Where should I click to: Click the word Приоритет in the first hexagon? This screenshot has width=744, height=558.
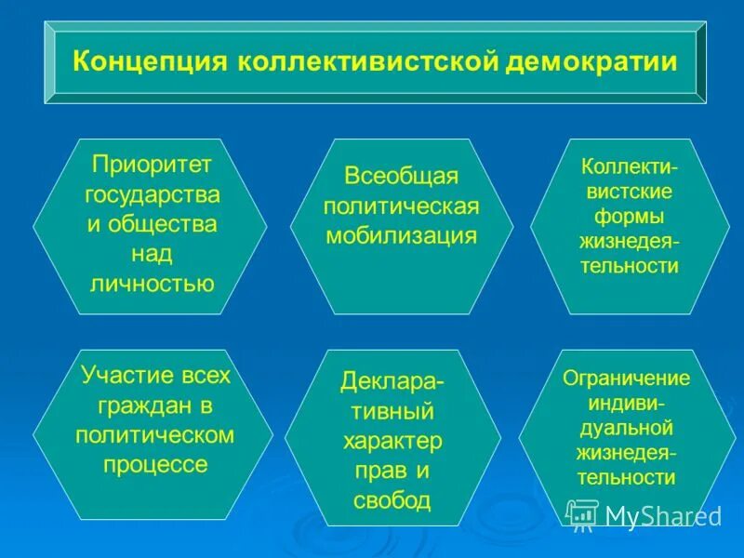point(152,165)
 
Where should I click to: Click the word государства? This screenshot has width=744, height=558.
point(152,194)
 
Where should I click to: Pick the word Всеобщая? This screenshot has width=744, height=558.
point(401,175)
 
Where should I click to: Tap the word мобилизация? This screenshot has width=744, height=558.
point(401,234)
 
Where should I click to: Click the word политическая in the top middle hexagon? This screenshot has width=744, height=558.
point(401,205)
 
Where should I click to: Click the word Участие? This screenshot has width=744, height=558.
point(116,376)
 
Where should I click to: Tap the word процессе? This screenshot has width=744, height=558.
point(154,464)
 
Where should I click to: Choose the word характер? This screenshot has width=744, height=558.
point(392,441)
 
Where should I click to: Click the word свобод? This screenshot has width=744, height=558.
point(392,500)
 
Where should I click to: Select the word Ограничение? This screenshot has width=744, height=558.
point(627,379)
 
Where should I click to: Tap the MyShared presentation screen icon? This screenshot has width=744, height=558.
point(582,514)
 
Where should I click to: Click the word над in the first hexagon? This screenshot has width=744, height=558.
point(152,253)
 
